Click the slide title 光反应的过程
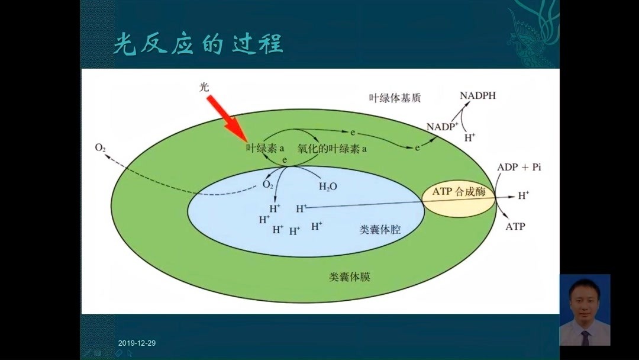[x=198, y=44]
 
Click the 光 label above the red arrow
[x=204, y=86]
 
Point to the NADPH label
[x=478, y=95]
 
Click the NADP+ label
[x=443, y=126]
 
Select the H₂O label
[x=328, y=186]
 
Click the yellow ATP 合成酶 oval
[x=459, y=192]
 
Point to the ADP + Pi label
[x=519, y=168]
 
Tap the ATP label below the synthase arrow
[x=515, y=226]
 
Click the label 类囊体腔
[x=380, y=229]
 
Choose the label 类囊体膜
[x=350, y=276]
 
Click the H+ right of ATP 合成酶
[x=524, y=194]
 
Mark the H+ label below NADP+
[x=470, y=137]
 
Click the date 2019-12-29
[x=137, y=343]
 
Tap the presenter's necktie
[x=585, y=337]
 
